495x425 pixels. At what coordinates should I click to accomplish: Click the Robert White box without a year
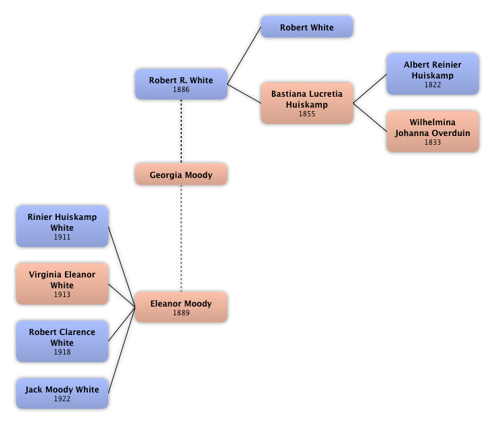click(x=307, y=27)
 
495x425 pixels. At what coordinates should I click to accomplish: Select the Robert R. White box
click(x=181, y=85)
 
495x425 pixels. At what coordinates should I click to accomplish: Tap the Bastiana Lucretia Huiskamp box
click(x=307, y=103)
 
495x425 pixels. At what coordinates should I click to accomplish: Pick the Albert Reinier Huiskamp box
click(x=433, y=74)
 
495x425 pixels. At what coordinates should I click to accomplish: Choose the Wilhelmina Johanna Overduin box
click(x=433, y=131)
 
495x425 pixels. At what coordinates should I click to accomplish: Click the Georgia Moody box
click(x=181, y=174)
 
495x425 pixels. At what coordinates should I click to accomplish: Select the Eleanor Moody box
click(x=181, y=307)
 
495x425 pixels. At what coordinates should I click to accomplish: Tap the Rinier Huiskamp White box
click(x=62, y=226)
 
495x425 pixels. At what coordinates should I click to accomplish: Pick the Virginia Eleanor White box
click(x=62, y=284)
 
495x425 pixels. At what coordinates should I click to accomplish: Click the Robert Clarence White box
click(x=62, y=341)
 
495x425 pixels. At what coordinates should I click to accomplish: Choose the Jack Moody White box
click(x=62, y=393)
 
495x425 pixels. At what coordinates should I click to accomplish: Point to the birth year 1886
click(x=181, y=89)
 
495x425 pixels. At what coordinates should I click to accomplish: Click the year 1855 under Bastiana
click(x=307, y=114)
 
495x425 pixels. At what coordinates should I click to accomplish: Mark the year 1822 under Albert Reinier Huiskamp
click(x=433, y=85)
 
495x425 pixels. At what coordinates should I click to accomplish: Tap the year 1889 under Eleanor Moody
click(x=181, y=313)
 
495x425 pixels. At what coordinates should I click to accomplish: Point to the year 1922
click(x=62, y=399)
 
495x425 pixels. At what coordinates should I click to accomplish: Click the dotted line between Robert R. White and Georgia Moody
click(x=181, y=131)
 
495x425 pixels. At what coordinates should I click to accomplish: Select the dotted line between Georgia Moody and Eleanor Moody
click(x=181, y=238)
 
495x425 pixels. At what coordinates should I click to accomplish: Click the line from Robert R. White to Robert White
click(x=244, y=55)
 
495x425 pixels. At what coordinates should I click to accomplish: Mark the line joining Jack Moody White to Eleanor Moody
click(x=122, y=350)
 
